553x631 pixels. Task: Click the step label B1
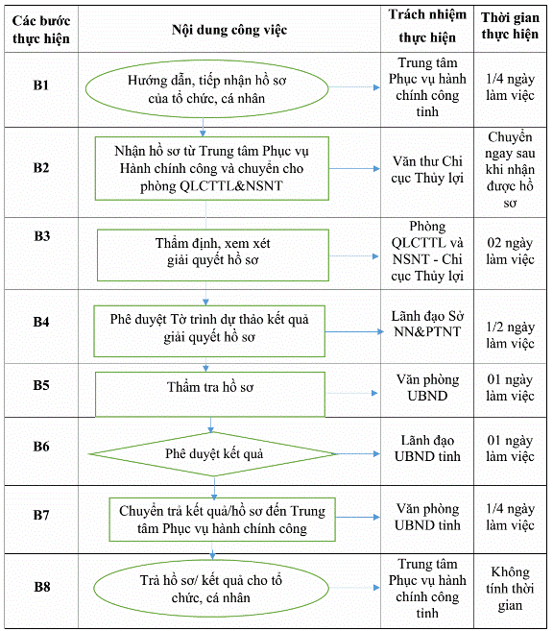tap(41, 85)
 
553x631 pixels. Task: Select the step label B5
tap(41, 385)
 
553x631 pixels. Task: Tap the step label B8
tap(42, 587)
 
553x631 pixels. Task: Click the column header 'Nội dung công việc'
tap(229, 30)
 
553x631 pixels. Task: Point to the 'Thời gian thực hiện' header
tap(510, 26)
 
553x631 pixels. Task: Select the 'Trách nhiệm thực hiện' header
tap(427, 26)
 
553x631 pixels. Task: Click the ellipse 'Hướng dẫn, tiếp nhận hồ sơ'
tap(206, 89)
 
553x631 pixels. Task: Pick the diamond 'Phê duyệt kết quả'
tap(213, 454)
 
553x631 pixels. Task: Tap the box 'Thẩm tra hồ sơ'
tap(210, 395)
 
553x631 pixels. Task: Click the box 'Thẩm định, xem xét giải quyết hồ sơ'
tap(213, 255)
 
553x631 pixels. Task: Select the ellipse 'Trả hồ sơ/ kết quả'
tap(211, 589)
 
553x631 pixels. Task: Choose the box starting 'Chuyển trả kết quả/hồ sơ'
tap(222, 520)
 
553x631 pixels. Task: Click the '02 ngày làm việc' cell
tap(510, 251)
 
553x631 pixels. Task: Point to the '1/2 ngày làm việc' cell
tap(510, 335)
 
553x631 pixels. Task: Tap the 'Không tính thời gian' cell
tap(510, 589)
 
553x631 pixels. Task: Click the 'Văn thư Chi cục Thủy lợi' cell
tap(427, 169)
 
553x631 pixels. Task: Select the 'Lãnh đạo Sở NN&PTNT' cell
tap(427, 324)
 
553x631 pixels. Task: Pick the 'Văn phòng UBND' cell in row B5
tap(427, 388)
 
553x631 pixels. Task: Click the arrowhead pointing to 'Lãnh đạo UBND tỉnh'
tap(376, 454)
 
